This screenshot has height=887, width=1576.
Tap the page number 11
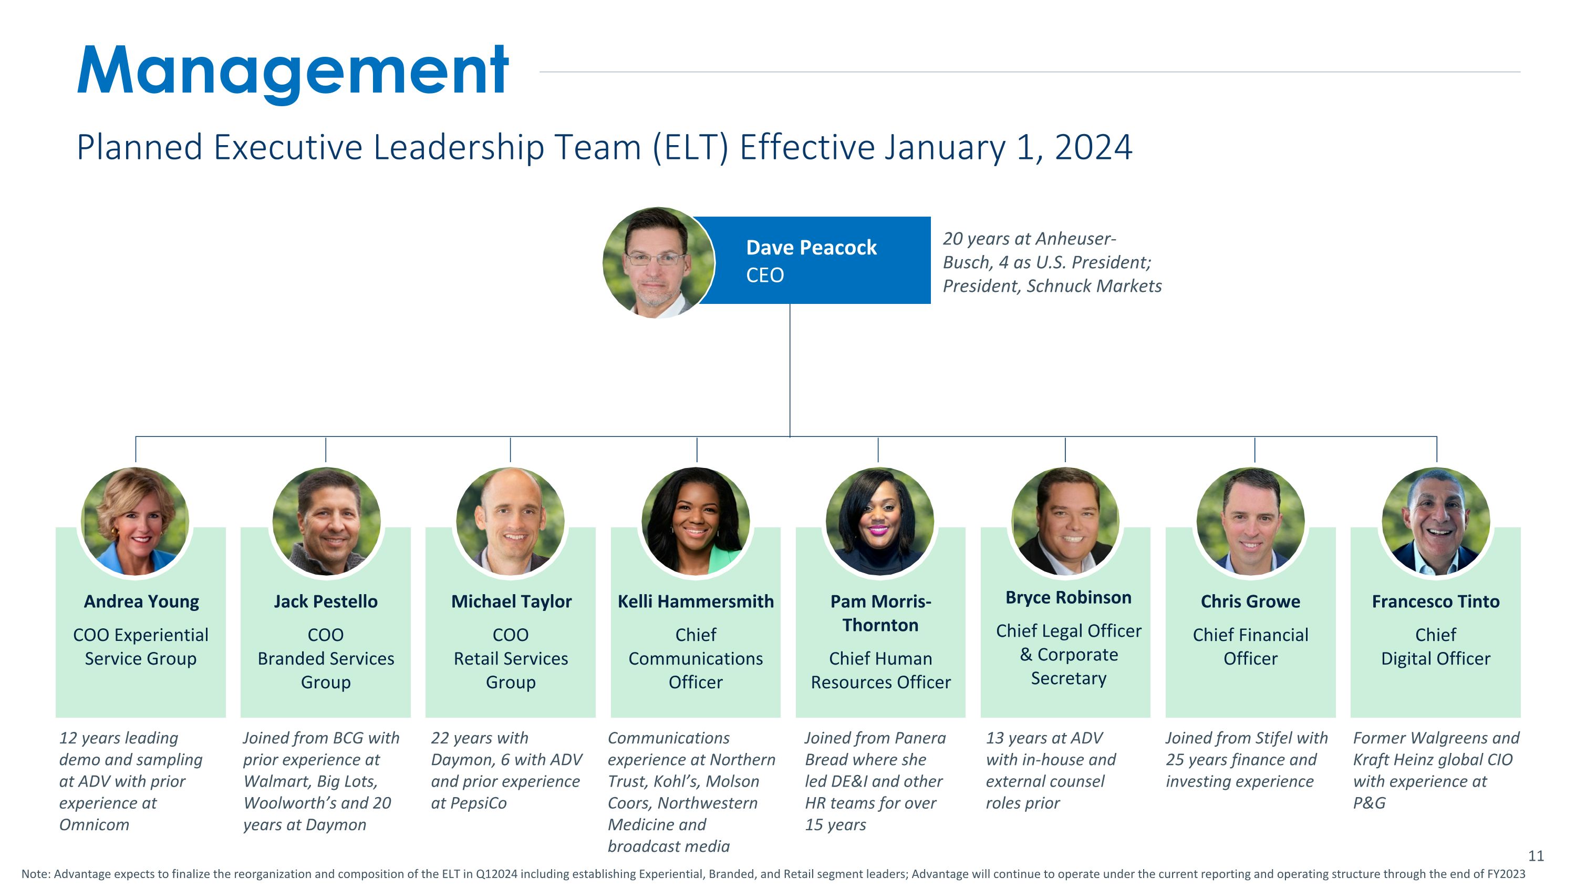tap(1536, 856)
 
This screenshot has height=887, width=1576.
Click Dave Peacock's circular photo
tap(658, 262)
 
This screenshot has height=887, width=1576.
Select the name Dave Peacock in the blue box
tap(811, 247)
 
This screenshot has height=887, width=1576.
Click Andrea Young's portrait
tap(134, 521)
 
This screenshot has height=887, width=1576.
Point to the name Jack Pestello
tap(326, 601)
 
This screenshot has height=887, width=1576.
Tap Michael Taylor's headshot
tap(510, 521)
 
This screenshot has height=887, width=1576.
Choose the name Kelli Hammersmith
tap(696, 601)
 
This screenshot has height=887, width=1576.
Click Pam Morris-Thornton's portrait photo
tap(880, 521)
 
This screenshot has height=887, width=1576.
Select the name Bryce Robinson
tap(1068, 597)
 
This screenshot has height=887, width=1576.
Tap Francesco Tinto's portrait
tap(1436, 521)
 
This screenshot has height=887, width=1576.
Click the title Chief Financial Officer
tap(1250, 646)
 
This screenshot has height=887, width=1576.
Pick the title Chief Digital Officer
tap(1436, 646)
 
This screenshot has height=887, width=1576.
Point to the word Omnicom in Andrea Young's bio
tap(94, 824)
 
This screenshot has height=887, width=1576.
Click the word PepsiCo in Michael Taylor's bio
tap(478, 803)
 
